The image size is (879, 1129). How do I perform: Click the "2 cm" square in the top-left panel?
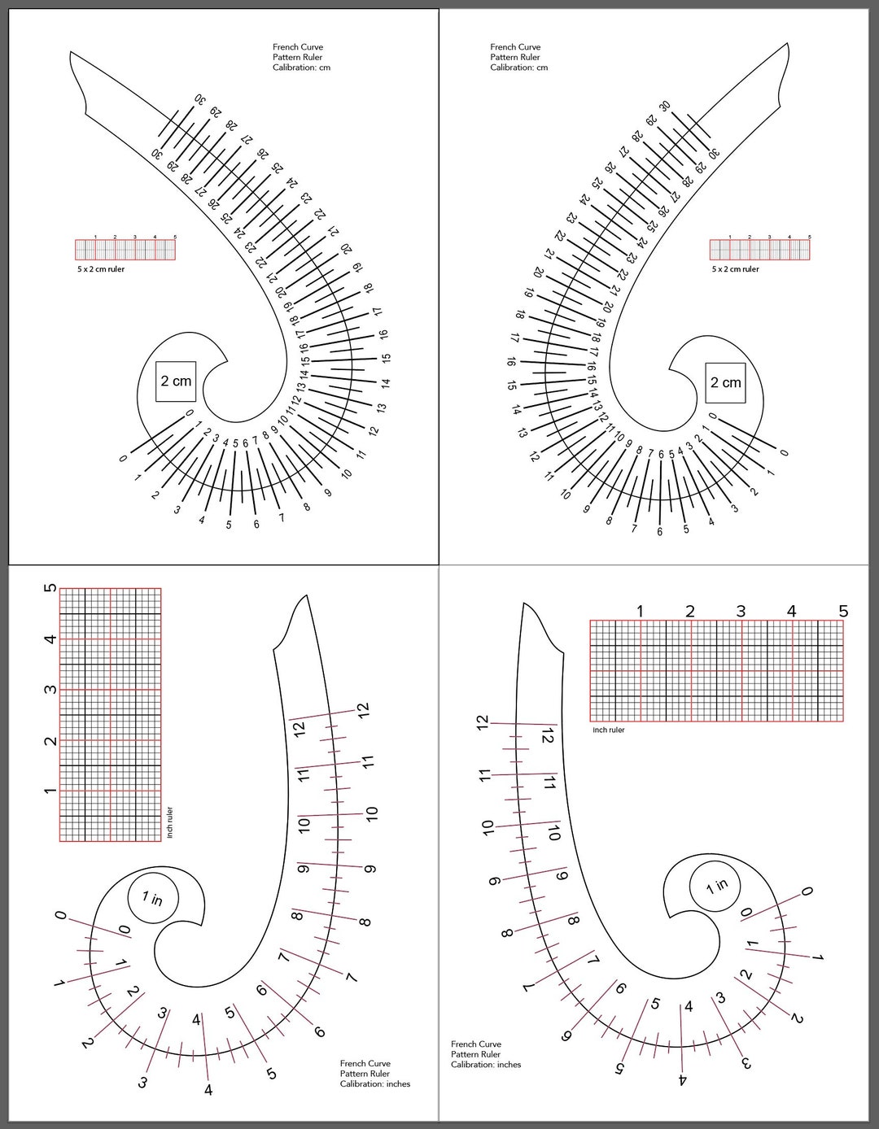[x=176, y=381]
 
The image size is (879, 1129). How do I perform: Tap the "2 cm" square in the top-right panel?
[x=725, y=382]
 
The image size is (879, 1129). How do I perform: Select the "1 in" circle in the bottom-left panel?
[x=152, y=898]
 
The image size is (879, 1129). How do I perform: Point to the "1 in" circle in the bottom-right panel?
[x=716, y=886]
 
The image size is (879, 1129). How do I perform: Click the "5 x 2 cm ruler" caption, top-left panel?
[x=100, y=269]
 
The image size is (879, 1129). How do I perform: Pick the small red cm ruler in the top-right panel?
[x=759, y=249]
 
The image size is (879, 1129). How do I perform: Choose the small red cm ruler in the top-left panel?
[x=125, y=249]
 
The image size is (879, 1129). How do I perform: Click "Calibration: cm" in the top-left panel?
[x=302, y=68]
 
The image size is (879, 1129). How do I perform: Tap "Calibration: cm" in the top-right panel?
[x=518, y=68]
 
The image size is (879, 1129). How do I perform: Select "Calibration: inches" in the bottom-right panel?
[x=486, y=1065]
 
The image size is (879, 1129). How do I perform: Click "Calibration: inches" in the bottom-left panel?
[x=375, y=1084]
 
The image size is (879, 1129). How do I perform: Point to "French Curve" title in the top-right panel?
[x=515, y=47]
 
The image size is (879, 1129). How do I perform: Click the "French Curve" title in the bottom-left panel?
[x=365, y=1063]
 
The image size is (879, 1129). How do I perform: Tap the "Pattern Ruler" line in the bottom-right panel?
[x=476, y=1054]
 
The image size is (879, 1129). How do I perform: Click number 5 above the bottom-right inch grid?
[x=843, y=611]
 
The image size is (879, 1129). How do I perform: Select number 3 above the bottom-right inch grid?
[x=741, y=611]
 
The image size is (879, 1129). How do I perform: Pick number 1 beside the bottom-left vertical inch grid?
[x=50, y=791]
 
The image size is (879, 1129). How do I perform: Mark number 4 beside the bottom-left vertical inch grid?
[x=50, y=639]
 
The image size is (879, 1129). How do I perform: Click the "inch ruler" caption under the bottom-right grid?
[x=609, y=730]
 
